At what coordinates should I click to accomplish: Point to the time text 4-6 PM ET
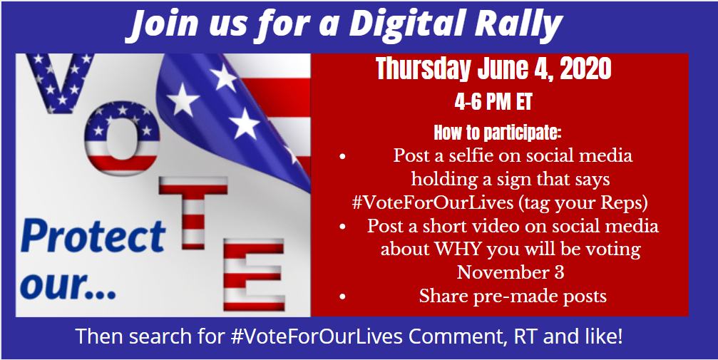pos(493,102)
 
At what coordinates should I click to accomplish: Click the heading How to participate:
pos(497,133)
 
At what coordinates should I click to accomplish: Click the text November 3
pos(511,272)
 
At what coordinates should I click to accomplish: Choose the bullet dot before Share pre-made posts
pos(342,297)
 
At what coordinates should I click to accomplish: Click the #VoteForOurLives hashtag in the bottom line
pos(317,336)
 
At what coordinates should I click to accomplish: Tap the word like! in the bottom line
pos(605,336)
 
